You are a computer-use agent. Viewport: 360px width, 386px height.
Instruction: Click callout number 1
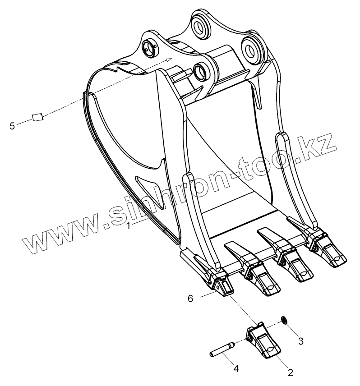click(128, 226)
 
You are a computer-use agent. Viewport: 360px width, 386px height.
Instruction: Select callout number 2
click(291, 373)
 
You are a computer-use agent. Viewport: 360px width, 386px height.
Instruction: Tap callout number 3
click(300, 341)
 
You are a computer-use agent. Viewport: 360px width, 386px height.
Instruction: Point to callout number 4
click(236, 369)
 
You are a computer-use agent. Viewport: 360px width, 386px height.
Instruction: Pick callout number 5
click(12, 126)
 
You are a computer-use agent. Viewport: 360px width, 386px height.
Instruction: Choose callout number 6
click(190, 299)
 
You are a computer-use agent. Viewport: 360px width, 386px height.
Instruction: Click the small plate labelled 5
click(38, 117)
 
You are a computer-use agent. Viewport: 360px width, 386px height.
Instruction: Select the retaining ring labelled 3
click(284, 320)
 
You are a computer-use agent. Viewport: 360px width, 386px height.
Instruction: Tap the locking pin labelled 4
click(222, 349)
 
